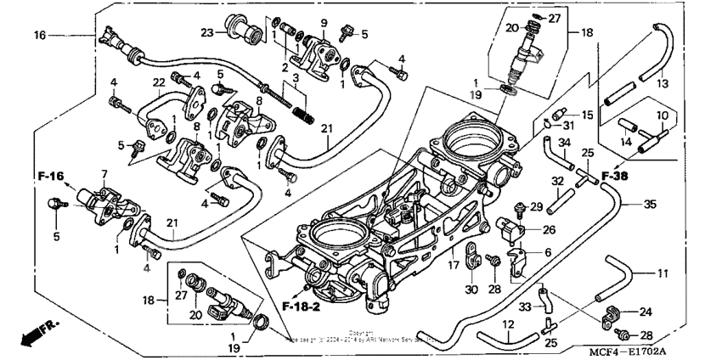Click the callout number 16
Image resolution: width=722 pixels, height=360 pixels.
[39, 35]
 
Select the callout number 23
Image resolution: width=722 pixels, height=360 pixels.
[207, 33]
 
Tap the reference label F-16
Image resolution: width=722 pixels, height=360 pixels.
[51, 176]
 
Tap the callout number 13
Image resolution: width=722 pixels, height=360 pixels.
[663, 84]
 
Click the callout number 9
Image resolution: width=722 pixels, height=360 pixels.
[324, 21]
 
